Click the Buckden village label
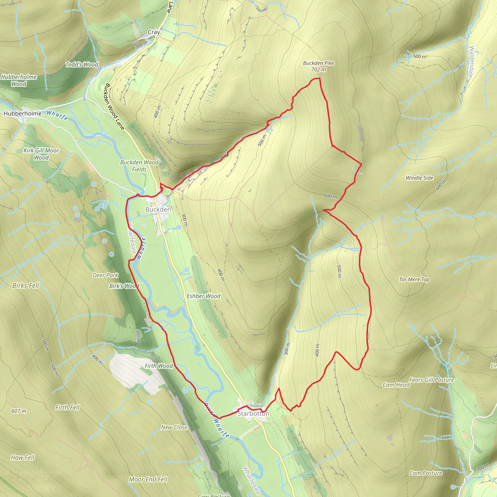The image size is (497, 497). coord(158,209)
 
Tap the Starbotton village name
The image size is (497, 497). coord(253,413)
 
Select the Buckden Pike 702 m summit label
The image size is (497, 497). coord(318,66)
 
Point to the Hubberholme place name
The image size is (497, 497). coord(23,113)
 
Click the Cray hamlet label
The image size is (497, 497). coord(154,32)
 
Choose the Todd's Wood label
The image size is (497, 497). coord(82,65)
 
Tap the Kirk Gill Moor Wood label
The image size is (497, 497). coord(41,154)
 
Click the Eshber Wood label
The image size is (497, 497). coord(203,296)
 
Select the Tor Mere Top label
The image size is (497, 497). coord(414,279)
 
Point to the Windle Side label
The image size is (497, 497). coord(419,178)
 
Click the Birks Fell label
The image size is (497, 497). coord(26,285)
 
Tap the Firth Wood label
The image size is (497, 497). coord(158,366)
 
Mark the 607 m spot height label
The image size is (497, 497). coord(19,411)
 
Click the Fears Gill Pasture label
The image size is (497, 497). coord(431,380)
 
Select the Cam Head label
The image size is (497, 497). coord(396,385)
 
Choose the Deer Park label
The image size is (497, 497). coord(106,275)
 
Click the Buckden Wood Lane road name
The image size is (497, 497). coord(115,106)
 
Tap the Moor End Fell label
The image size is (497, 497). coord(148,479)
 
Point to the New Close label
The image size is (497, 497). coord(174,427)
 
